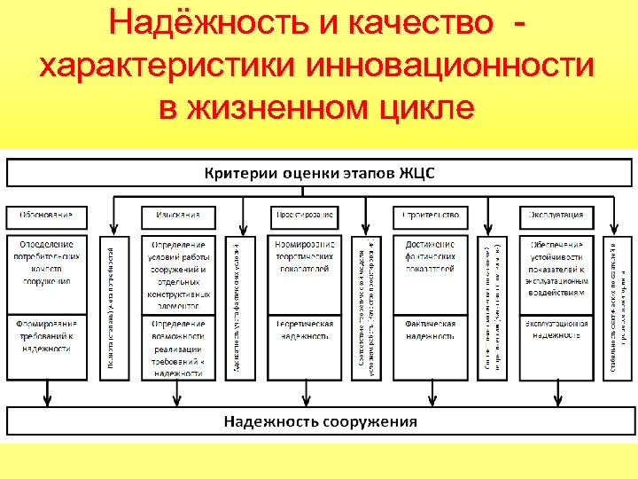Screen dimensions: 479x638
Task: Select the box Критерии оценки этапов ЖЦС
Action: [320, 172]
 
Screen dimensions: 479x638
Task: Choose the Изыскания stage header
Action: [177, 215]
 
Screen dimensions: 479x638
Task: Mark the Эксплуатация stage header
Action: [556, 215]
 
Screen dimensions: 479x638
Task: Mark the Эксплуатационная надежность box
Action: [556, 330]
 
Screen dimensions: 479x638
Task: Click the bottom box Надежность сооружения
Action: [320, 421]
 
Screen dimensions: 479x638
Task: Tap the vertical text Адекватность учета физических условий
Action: [236, 307]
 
